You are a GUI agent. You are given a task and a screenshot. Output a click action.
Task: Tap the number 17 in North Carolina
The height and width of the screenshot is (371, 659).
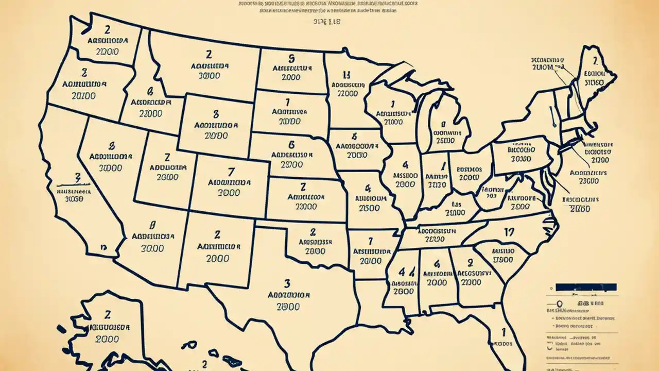(x=509, y=233)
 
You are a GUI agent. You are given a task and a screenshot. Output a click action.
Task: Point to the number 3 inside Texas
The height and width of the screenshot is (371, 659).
(x=287, y=283)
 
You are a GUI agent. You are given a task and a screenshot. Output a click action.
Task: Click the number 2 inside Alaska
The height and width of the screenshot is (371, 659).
(x=108, y=314)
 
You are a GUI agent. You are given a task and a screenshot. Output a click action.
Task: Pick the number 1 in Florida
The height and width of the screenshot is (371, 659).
(x=504, y=332)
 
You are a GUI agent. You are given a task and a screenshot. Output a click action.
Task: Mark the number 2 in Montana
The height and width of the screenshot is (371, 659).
(x=209, y=54)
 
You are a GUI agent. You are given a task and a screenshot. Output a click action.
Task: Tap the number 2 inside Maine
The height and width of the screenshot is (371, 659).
(x=594, y=61)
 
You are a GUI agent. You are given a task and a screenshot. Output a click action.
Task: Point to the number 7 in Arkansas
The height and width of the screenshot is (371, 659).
(x=370, y=240)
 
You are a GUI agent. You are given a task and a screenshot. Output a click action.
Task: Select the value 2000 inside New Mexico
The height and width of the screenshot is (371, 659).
(x=218, y=259)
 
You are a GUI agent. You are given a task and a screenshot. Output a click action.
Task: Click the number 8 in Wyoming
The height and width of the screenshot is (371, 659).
(x=216, y=114)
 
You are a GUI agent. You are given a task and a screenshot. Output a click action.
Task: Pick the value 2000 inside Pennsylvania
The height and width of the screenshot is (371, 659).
(x=522, y=159)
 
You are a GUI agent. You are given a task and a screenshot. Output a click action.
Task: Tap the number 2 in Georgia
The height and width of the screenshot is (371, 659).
(x=469, y=264)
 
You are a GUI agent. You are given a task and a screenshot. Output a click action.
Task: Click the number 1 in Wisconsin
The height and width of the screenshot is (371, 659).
(x=393, y=103)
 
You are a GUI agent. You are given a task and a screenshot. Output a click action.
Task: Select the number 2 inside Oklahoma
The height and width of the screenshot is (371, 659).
(x=313, y=232)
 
